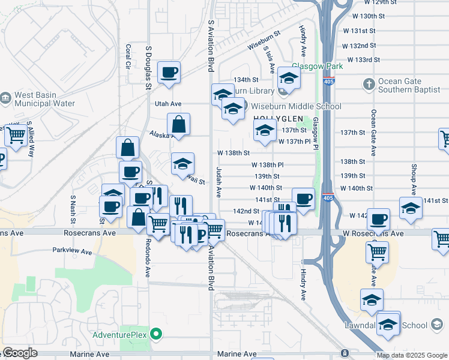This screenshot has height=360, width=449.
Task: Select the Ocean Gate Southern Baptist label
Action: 406,85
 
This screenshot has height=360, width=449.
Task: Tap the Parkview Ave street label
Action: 72,251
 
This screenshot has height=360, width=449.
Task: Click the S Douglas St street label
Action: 148,67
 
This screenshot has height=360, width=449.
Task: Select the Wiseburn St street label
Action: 264,41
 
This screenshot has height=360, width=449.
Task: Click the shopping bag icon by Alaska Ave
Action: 179,125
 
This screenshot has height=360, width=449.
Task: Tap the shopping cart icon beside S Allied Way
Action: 16,136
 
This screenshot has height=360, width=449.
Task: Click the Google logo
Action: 20,353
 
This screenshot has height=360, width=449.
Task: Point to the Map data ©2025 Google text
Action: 412,355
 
